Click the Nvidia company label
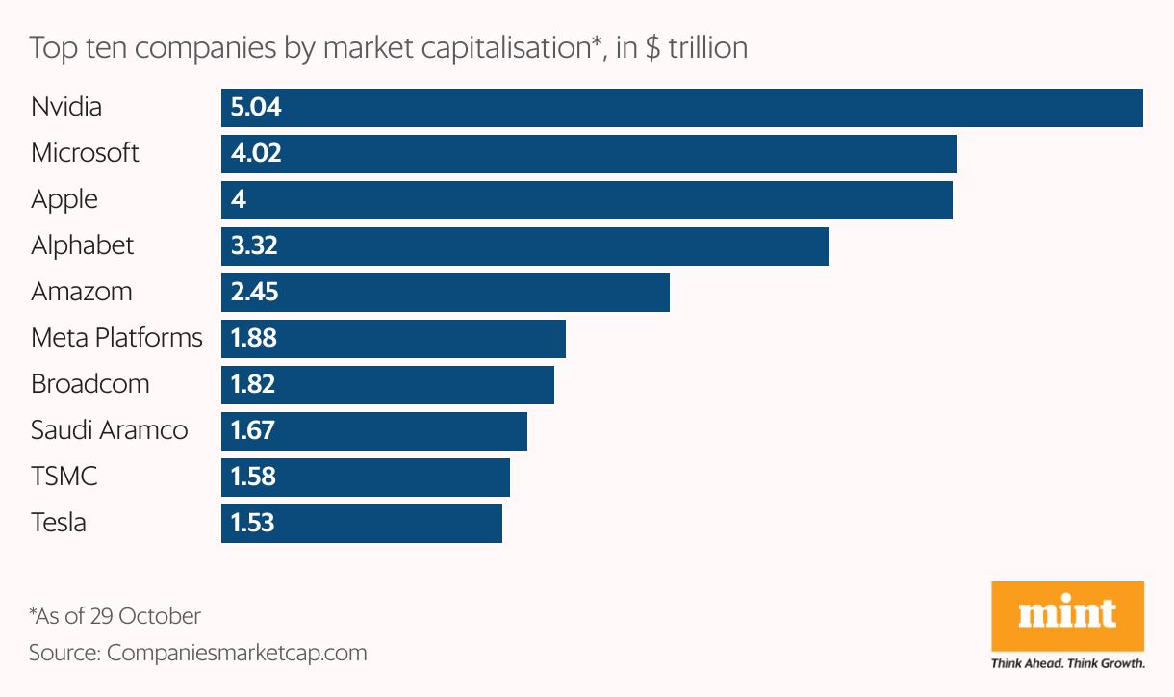tap(66, 107)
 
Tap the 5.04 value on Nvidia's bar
tap(256, 107)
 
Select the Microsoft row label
tap(85, 153)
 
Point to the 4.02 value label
tap(256, 153)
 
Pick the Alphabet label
tap(82, 245)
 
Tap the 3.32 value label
tap(254, 245)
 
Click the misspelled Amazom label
tap(81, 292)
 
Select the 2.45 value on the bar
tap(255, 292)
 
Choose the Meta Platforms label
tap(116, 338)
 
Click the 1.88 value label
tap(254, 338)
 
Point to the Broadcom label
tap(89, 384)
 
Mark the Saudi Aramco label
tap(109, 430)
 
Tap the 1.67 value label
tap(253, 430)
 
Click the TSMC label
tap(64, 477)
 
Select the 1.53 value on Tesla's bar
tap(253, 523)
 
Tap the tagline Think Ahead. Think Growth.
tap(1067, 663)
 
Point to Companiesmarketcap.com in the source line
tap(237, 653)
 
